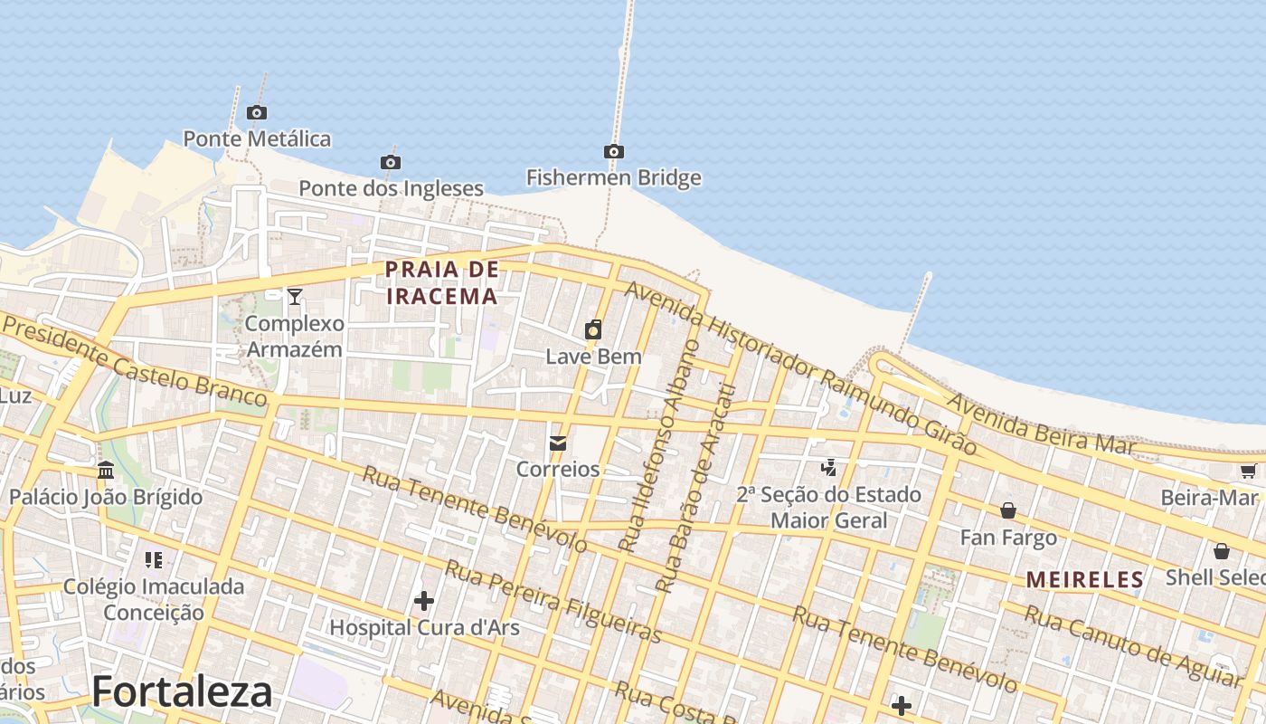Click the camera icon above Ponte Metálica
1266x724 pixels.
click(257, 112)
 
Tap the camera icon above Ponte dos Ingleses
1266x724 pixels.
click(391, 162)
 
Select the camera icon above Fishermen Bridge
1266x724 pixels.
click(614, 151)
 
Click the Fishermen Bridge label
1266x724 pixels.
click(614, 177)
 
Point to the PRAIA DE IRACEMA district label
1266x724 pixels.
click(442, 282)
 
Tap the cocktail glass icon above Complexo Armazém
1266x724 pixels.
click(295, 296)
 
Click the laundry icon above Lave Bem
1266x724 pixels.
click(593, 329)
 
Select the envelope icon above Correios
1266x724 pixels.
click(558, 443)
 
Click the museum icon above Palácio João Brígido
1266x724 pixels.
click(106, 470)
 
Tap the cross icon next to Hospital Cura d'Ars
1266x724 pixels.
click(424, 600)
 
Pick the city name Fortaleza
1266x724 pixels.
click(182, 692)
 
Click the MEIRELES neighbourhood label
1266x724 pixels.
click(1085, 580)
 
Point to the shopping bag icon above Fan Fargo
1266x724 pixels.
click(1008, 511)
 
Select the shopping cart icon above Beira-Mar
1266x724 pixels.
click(1248, 471)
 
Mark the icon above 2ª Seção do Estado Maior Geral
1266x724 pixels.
click(828, 467)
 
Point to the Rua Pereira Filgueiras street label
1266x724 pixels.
click(553, 601)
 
